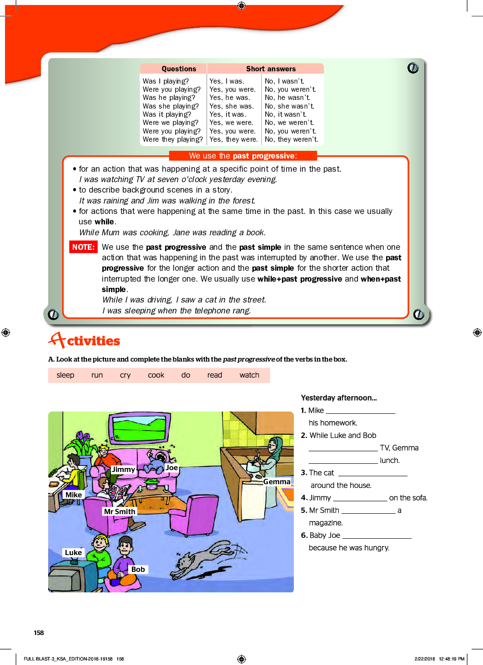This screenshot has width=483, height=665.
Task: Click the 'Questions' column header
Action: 179,69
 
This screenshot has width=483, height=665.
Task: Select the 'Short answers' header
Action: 271,69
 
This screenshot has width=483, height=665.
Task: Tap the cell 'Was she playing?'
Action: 171,106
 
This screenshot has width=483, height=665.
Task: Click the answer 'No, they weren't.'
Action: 292,139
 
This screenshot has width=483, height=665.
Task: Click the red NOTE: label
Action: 83,247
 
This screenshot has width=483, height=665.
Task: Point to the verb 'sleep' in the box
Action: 65,375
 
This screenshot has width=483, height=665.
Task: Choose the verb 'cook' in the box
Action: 156,375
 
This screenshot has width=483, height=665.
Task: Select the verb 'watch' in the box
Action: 249,375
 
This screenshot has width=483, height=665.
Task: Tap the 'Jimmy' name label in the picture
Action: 123,469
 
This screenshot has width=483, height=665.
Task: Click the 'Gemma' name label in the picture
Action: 277,481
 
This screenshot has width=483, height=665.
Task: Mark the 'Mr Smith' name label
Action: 120,511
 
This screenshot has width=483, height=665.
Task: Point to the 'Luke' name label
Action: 73,552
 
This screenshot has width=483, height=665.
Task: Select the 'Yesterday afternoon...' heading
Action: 339,398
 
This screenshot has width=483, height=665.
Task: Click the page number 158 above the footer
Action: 39,633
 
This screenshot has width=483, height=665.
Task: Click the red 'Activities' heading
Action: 85,340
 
